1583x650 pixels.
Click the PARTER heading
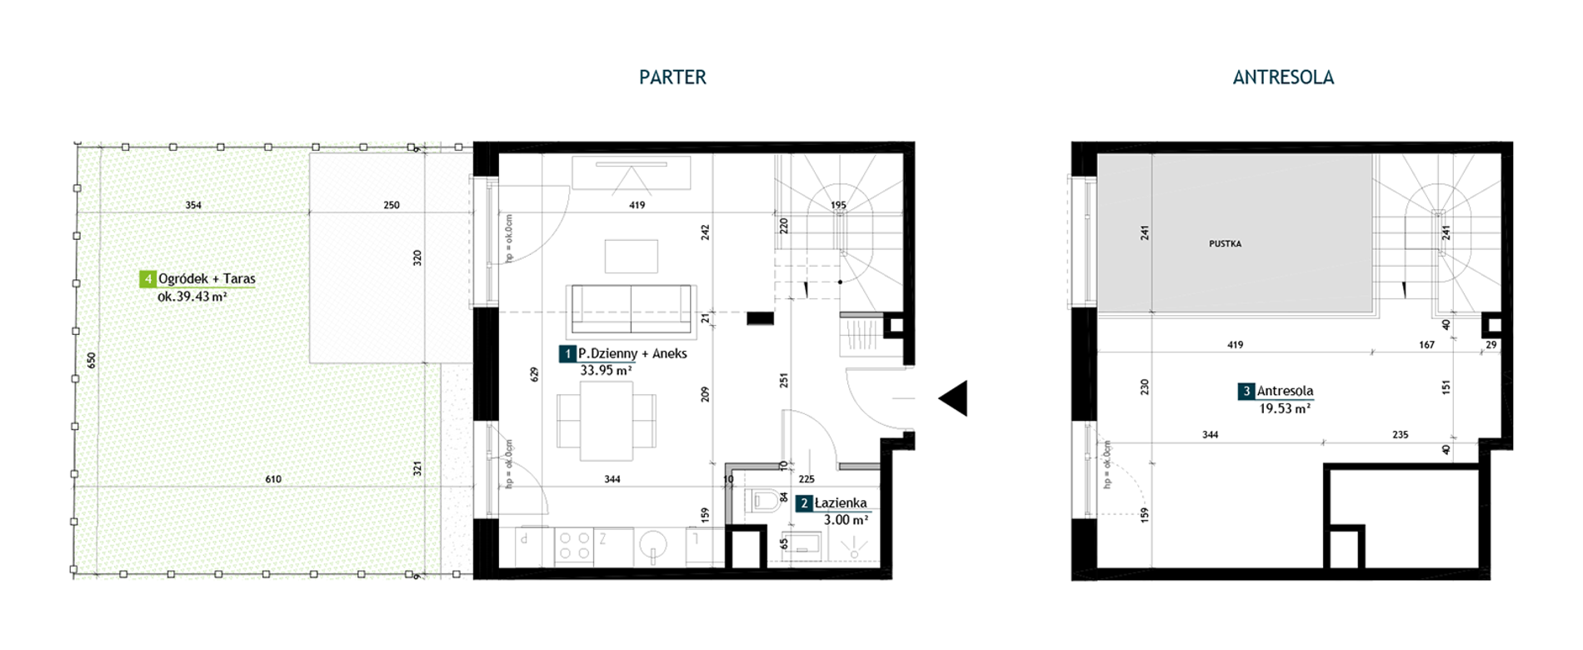(x=672, y=77)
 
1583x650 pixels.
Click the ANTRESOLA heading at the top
(x=1283, y=77)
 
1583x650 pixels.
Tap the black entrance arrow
(x=953, y=398)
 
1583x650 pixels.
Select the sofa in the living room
(x=631, y=309)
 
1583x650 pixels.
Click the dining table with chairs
(x=607, y=421)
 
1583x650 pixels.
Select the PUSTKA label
(x=1225, y=244)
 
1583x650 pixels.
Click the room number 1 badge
(x=567, y=354)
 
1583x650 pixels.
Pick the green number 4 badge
(x=147, y=279)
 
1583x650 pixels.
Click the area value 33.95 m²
(x=606, y=371)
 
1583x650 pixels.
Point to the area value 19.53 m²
(x=1285, y=408)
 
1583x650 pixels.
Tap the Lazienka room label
(x=841, y=503)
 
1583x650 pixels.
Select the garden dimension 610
(x=273, y=479)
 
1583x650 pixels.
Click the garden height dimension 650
(x=92, y=360)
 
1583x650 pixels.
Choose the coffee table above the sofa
(x=632, y=256)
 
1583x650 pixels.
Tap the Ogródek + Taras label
(x=207, y=279)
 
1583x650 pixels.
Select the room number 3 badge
(x=1246, y=391)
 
